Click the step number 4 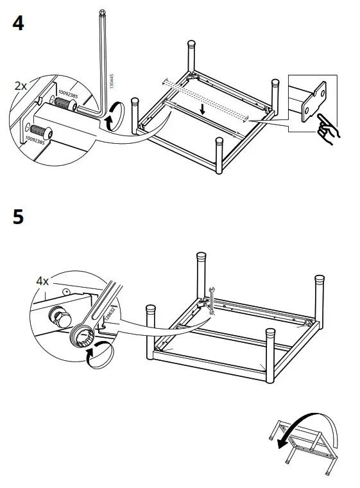pos(19,24)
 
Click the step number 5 pos(19,216)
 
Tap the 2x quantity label pos(21,85)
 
